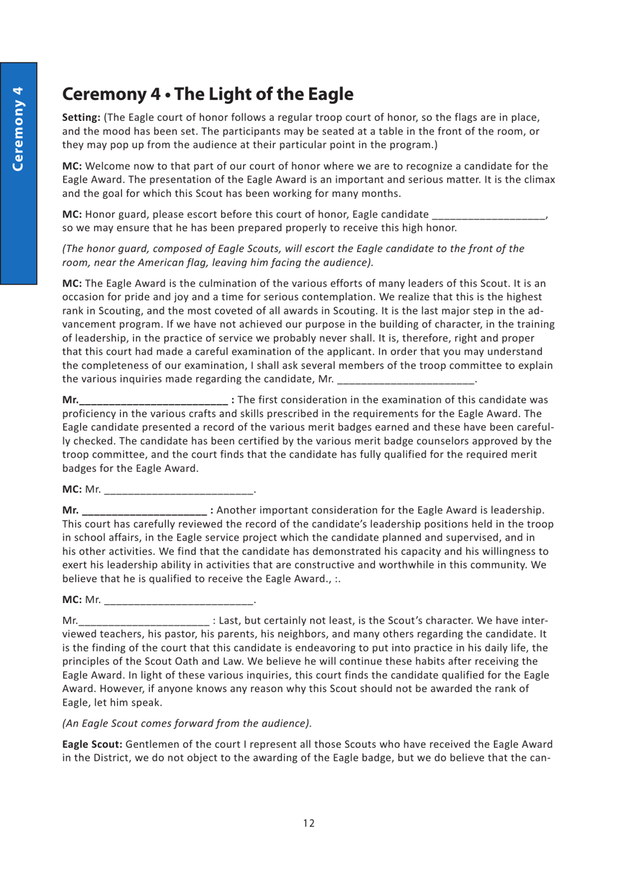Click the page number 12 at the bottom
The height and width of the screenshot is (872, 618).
click(308, 823)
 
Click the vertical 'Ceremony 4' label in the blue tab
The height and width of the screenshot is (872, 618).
click(18, 129)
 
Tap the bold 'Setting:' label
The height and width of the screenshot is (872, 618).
click(81, 118)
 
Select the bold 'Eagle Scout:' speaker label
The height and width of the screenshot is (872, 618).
click(92, 745)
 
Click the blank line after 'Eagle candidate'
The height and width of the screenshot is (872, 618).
click(489, 215)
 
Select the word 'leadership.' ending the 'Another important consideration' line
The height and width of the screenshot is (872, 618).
click(513, 511)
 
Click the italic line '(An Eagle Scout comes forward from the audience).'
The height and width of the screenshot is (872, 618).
click(187, 723)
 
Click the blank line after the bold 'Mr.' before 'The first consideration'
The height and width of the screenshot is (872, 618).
click(154, 401)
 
